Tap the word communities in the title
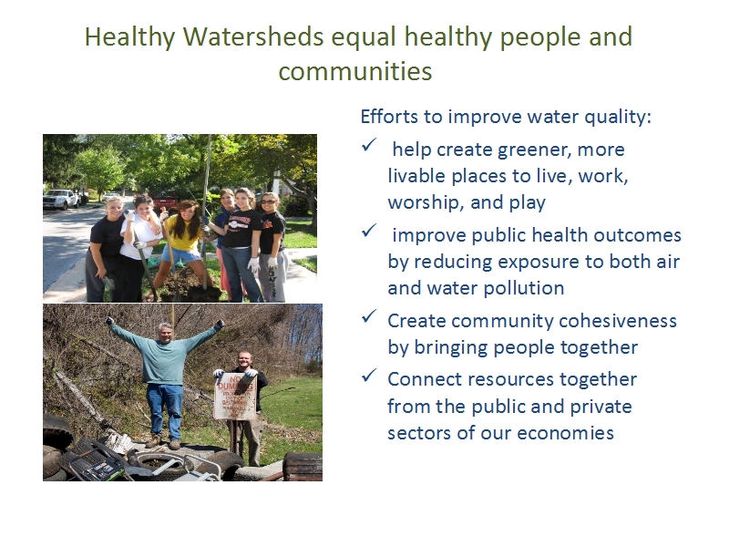click(355, 72)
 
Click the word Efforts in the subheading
click(389, 117)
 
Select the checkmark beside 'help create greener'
click(369, 145)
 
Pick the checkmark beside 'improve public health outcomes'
click(369, 231)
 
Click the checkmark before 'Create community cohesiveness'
click(369, 316)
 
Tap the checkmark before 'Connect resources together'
click(369, 375)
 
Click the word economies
click(565, 433)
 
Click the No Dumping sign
click(235, 394)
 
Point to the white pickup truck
click(61, 199)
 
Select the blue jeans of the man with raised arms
click(165, 411)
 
